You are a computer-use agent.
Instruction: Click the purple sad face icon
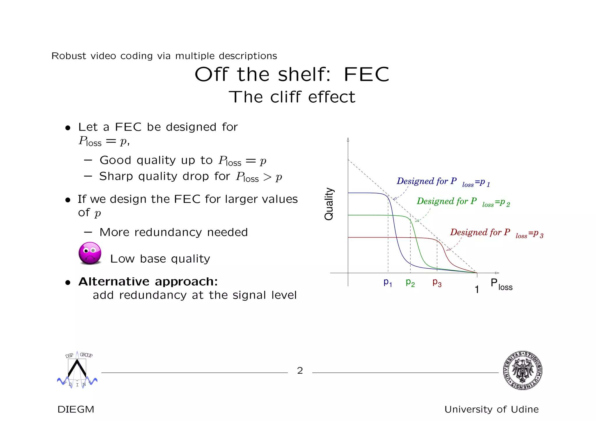pyautogui.click(x=90, y=253)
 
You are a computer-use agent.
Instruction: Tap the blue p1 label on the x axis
pyautogui.click(x=388, y=282)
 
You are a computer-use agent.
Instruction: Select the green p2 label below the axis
pyautogui.click(x=410, y=282)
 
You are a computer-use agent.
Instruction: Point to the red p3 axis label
pyautogui.click(x=437, y=282)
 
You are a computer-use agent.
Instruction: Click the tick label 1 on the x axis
pyautogui.click(x=477, y=290)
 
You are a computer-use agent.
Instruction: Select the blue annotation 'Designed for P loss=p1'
pyautogui.click(x=443, y=182)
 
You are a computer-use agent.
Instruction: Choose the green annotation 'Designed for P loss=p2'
pyautogui.click(x=463, y=201)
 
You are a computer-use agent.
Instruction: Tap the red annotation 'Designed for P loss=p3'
pyautogui.click(x=496, y=233)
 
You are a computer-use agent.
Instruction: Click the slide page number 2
pyautogui.click(x=300, y=371)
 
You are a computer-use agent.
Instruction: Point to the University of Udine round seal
pyautogui.click(x=522, y=370)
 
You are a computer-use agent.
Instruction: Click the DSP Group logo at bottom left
pyautogui.click(x=77, y=370)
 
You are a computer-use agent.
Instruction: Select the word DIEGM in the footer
pyautogui.click(x=76, y=409)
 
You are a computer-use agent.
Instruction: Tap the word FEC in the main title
pyautogui.click(x=366, y=74)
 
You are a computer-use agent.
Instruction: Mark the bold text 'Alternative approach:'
pyautogui.click(x=148, y=281)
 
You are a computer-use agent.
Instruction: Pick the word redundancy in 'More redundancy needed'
pyautogui.click(x=168, y=232)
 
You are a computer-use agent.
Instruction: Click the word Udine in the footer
pyautogui.click(x=525, y=409)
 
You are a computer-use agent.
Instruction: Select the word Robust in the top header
pyautogui.click(x=69, y=56)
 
